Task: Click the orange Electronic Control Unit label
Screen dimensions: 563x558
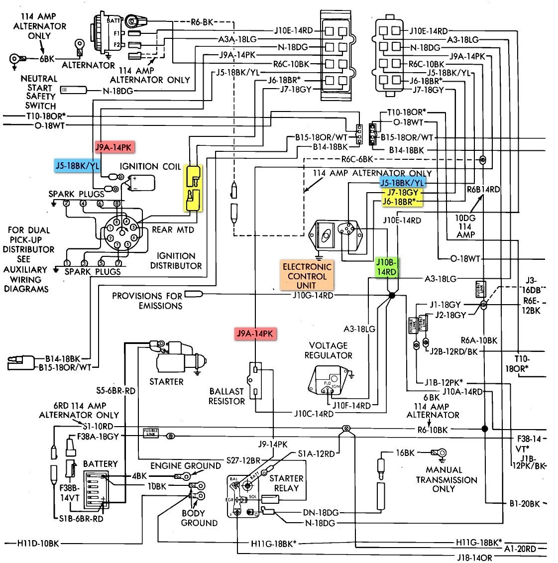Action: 307,276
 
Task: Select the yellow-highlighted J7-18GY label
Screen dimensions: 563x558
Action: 402,193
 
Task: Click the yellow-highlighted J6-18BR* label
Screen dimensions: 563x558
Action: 402,201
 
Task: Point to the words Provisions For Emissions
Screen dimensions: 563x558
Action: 147,301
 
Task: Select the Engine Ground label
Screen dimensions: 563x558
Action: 185,466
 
